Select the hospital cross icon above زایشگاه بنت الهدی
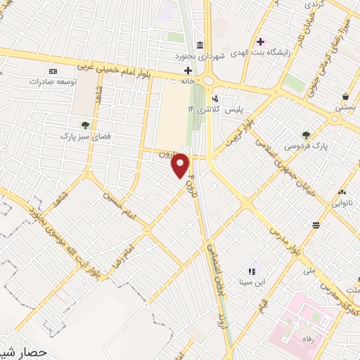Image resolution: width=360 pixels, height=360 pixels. pos(261,41)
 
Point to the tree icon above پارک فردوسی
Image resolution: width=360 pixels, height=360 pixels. pos(306,135)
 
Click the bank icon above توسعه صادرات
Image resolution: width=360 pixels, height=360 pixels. pos(52,71)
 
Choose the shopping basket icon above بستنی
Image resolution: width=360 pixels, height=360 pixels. pos(345,96)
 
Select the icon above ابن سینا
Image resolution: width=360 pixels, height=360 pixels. pos(251,271)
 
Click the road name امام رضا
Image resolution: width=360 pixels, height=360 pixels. pos(122,257)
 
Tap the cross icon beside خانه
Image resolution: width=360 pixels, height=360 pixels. pos(188,71)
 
